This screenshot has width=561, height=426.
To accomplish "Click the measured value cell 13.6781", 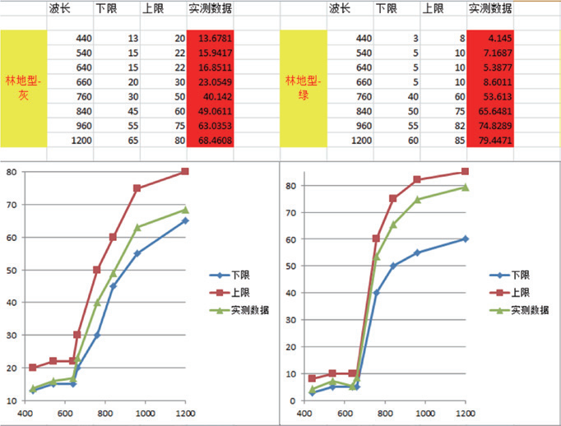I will click(210, 38).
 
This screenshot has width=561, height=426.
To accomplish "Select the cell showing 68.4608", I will click(210, 141).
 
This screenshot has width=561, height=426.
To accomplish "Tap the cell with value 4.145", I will click(490, 38).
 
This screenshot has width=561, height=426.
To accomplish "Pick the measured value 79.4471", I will click(490, 141).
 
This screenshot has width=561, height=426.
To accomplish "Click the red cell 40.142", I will click(210, 97).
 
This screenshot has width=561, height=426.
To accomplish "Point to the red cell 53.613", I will click(490, 97).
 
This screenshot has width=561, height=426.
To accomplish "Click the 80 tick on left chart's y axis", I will click(12, 171).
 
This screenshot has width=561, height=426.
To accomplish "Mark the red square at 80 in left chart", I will click(185, 171).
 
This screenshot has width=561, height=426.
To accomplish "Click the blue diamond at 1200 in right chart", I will click(466, 238).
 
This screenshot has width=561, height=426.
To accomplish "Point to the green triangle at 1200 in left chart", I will click(185, 209).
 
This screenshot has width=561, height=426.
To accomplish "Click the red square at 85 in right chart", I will click(466, 171).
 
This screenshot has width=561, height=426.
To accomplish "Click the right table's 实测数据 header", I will click(490, 9).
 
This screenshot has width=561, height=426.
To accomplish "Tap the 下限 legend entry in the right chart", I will click(519, 276).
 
